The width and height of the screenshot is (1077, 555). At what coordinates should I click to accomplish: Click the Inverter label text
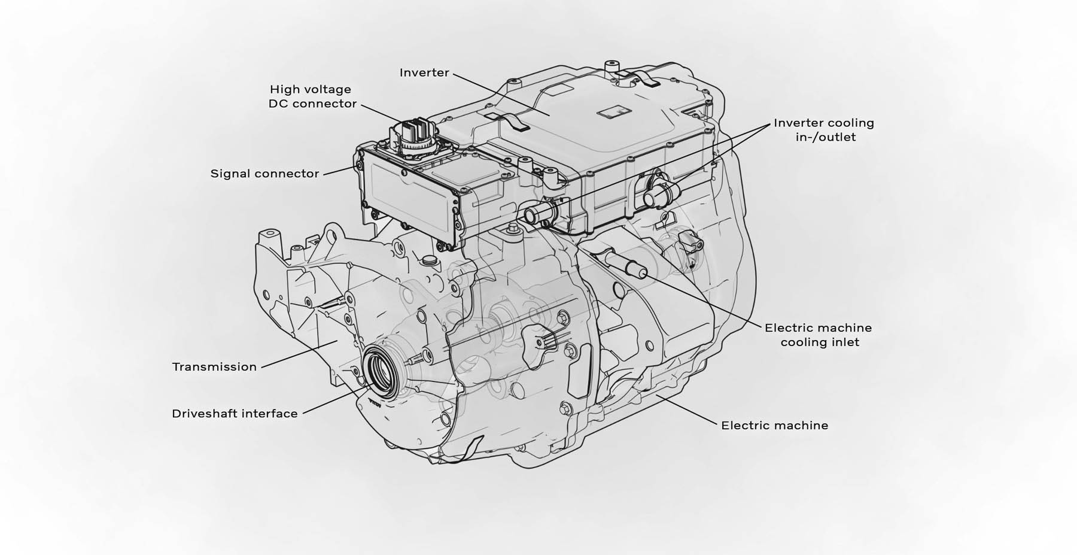[x=424, y=72]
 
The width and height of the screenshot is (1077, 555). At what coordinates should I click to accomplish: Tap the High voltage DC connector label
[x=312, y=96]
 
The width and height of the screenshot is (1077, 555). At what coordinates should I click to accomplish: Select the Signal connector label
[x=264, y=174]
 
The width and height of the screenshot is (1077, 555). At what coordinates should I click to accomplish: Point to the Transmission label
[x=214, y=367]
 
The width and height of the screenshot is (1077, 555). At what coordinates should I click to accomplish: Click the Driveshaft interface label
[x=235, y=414]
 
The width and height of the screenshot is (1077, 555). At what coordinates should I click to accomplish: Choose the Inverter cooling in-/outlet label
[x=824, y=130]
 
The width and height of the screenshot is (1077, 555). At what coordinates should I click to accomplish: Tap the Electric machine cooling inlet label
[x=819, y=335]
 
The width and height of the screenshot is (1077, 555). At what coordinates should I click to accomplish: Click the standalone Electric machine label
[x=775, y=426]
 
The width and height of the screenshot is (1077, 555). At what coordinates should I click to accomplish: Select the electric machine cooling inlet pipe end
[x=641, y=272]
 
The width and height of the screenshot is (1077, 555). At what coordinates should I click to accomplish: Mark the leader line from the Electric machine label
[x=686, y=409]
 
